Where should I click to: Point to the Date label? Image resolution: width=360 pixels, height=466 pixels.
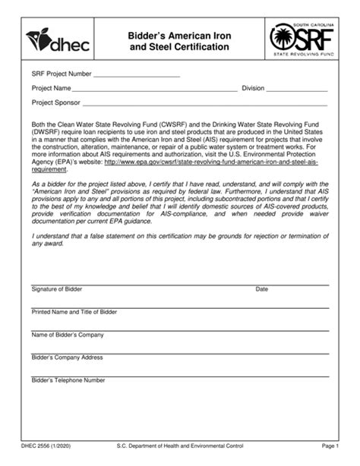(262, 289)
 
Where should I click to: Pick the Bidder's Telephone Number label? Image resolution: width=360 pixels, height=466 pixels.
(68, 379)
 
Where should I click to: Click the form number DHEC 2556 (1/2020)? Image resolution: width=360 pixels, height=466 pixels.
(55, 448)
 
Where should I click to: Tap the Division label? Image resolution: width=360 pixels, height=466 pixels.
(253, 88)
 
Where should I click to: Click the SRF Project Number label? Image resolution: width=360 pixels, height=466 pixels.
(60, 74)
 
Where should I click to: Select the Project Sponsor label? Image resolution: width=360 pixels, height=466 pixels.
(55, 102)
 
